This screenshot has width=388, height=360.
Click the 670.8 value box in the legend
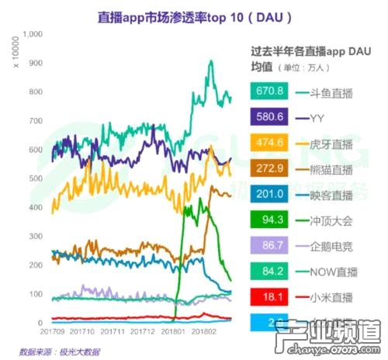pyautogui.click(x=271, y=92)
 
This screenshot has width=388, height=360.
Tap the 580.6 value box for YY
pyautogui.click(x=271, y=118)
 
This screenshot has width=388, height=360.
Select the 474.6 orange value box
pyautogui.click(x=271, y=144)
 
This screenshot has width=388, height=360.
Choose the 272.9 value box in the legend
pyautogui.click(x=271, y=169)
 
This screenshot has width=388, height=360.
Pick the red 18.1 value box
pyautogui.click(x=271, y=297)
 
